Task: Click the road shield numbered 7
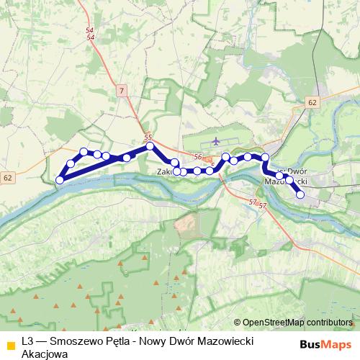[x=122, y=90]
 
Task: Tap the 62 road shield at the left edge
[x=8, y=177]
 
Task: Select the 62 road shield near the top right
[x=310, y=103]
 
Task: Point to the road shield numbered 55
[x=148, y=137]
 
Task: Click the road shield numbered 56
[x=199, y=156]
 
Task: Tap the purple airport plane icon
[x=217, y=142]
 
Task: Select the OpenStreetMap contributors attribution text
[x=297, y=323]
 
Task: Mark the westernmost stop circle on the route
[x=60, y=179]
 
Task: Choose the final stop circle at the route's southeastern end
[x=300, y=194]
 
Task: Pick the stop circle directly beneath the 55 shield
[x=150, y=146]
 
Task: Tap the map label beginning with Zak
[x=164, y=172]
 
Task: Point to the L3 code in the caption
[x=28, y=341]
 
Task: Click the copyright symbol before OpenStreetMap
[x=238, y=323]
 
